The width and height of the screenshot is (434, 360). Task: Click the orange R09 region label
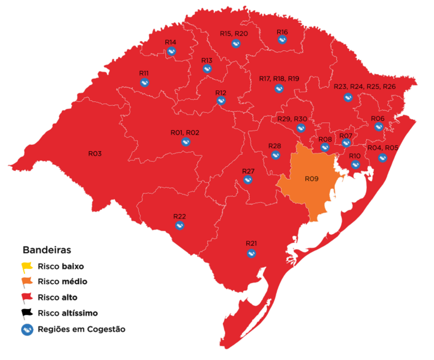click(312, 179)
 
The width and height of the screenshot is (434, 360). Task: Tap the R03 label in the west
click(95, 154)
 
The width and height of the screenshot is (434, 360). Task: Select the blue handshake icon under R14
click(171, 51)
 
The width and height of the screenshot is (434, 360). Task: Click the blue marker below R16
click(282, 40)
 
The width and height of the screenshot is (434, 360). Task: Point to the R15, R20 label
click(234, 34)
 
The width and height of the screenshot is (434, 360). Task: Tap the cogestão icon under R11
click(145, 82)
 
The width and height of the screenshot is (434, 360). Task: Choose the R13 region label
click(207, 61)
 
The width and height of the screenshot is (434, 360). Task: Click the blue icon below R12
click(221, 101)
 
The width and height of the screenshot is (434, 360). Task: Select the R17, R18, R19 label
click(279, 79)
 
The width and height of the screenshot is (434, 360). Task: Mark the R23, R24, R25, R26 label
click(365, 87)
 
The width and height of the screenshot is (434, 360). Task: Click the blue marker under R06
click(378, 126)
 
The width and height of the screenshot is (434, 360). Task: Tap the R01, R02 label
click(185, 133)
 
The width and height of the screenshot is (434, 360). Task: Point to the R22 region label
click(180, 216)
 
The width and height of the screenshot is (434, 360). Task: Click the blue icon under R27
click(248, 180)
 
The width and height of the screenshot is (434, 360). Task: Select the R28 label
click(275, 146)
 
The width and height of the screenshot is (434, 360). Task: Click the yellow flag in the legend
click(27, 266)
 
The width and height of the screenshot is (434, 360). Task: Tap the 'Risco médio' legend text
click(62, 282)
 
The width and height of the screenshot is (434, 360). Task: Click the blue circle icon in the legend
click(27, 330)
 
